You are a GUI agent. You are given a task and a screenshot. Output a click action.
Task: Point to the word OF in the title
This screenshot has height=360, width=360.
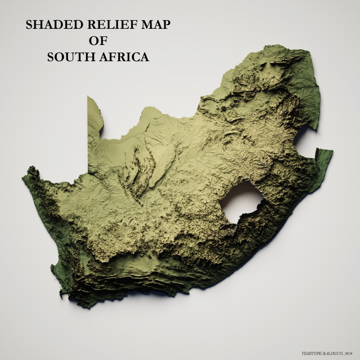click(x=98, y=41)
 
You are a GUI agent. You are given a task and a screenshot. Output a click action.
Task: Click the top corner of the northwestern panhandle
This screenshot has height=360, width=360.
click(x=88, y=96)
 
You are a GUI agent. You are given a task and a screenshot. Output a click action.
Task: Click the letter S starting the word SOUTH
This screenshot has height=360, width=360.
click(x=51, y=58)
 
